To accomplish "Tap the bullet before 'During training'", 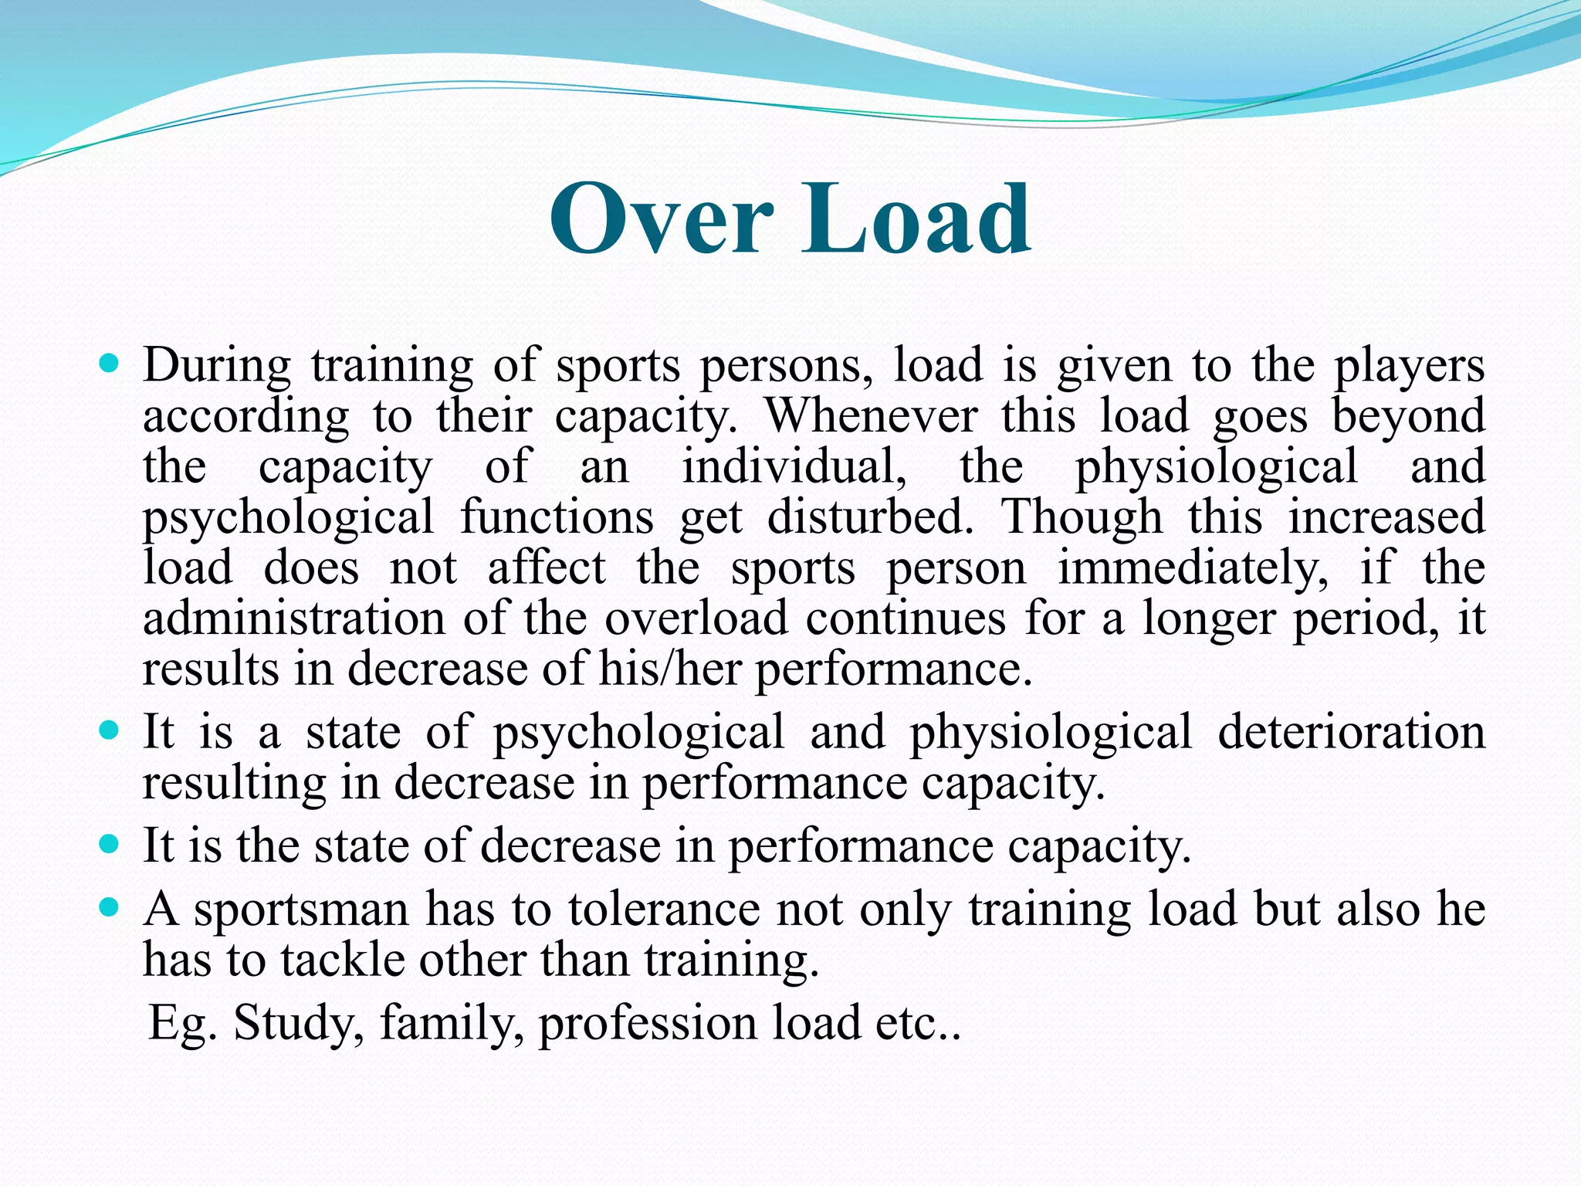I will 110,361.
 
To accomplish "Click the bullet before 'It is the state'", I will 110,843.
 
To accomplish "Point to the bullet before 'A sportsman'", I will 110,906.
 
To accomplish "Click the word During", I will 216,364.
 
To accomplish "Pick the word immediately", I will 1193,568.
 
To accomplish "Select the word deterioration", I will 1351,731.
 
